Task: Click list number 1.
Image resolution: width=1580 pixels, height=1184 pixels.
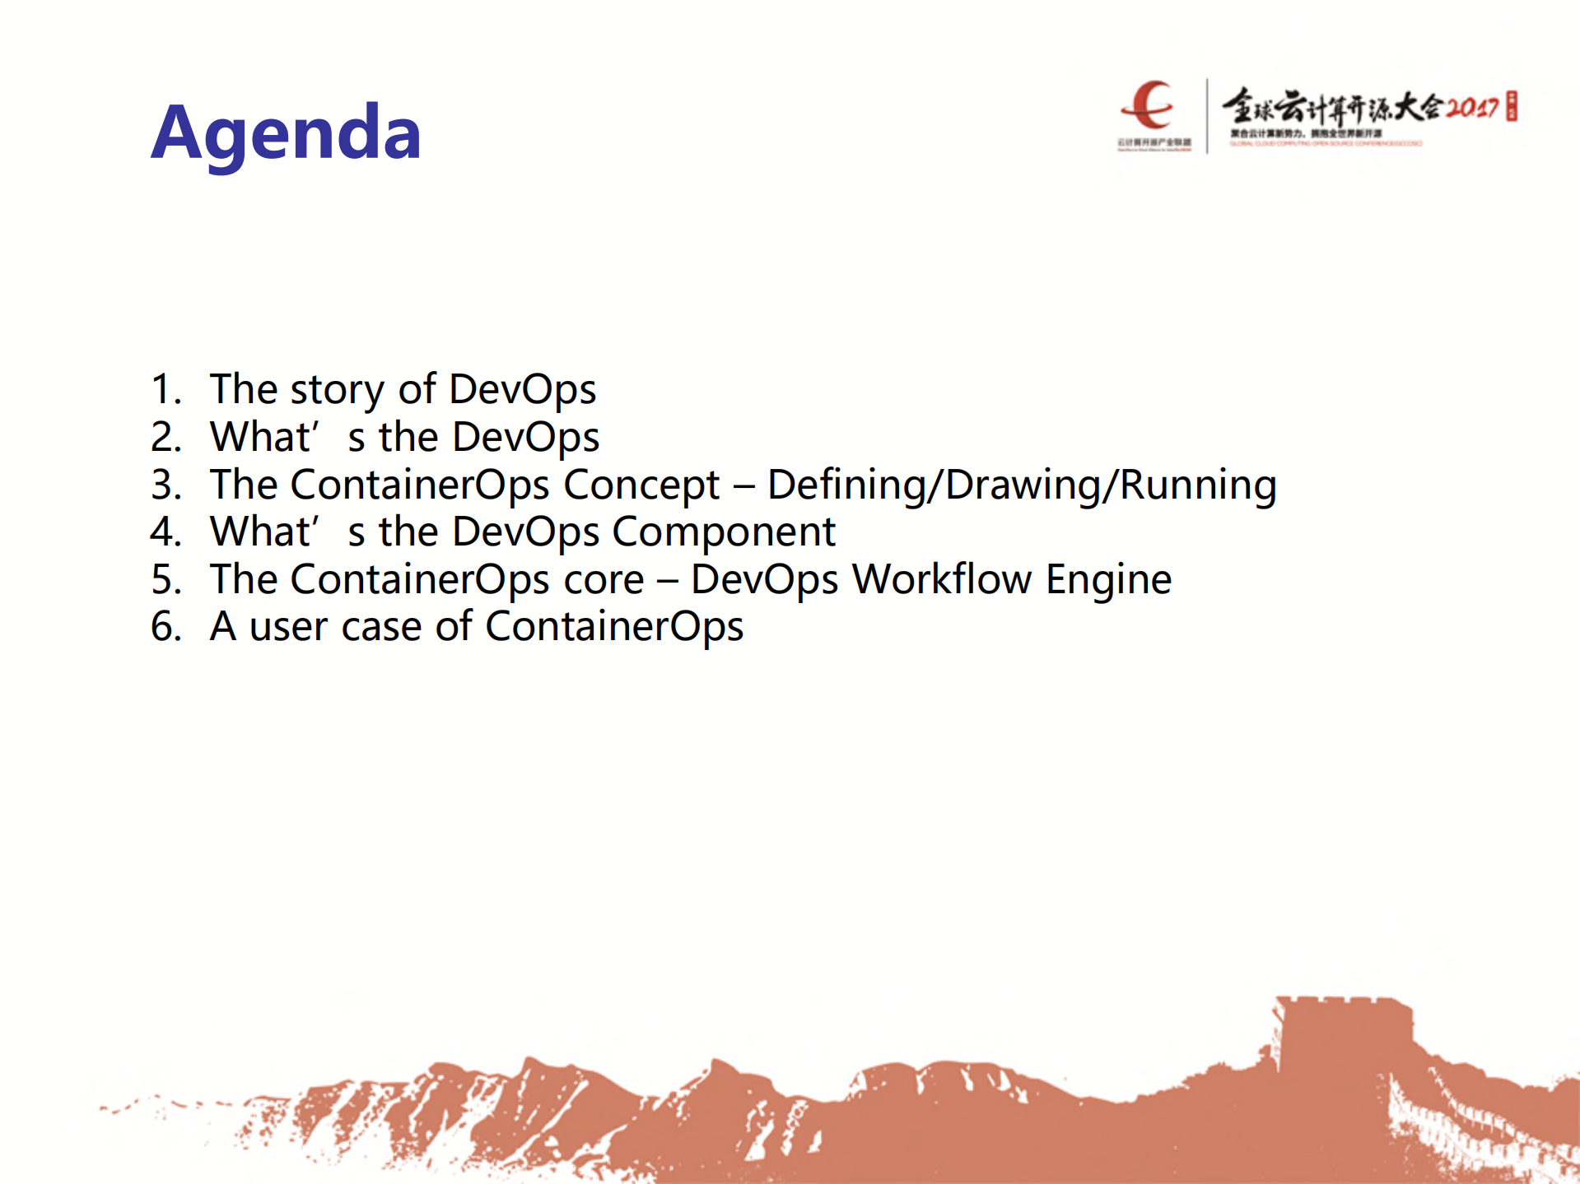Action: pyautogui.click(x=165, y=389)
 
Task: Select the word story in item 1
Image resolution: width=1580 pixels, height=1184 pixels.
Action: pyautogui.click(x=337, y=390)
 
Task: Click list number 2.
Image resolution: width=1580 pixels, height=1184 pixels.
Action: pyautogui.click(x=165, y=437)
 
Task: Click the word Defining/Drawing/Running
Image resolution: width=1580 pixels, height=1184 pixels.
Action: pyautogui.click(x=1021, y=485)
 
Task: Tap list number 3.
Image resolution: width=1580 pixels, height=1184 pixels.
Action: pyautogui.click(x=165, y=485)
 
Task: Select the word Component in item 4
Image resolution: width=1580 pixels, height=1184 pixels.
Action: pyautogui.click(x=724, y=532)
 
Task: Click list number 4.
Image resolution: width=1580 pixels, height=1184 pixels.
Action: pyautogui.click(x=165, y=532)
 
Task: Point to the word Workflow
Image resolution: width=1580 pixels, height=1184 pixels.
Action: pyautogui.click(x=941, y=579)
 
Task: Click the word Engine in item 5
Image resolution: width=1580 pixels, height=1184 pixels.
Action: pyautogui.click(x=1108, y=579)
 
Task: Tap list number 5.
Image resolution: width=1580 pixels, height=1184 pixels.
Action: pyautogui.click(x=165, y=579)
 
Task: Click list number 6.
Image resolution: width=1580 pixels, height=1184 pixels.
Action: pyautogui.click(x=165, y=627)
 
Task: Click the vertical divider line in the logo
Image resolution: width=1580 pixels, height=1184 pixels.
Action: pyautogui.click(x=1207, y=115)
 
